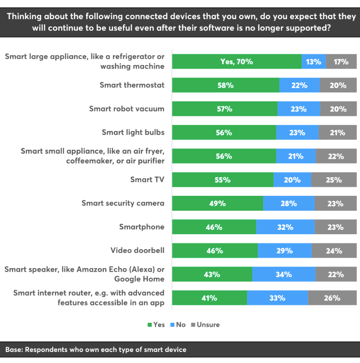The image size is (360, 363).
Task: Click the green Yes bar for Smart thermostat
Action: [x=225, y=85]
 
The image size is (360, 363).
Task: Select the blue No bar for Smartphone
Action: [x=285, y=227]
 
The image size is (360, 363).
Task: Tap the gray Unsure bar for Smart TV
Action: [x=334, y=180]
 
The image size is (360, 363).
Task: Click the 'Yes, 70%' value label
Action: [x=236, y=62]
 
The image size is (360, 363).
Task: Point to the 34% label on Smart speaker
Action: [x=284, y=274]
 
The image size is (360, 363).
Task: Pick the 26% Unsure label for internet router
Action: [x=332, y=298]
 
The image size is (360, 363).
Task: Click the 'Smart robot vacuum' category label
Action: [x=127, y=109]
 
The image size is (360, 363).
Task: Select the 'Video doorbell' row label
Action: [x=137, y=250]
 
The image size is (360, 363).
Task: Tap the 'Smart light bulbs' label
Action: [x=133, y=132]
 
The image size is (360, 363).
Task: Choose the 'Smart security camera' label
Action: [x=123, y=203]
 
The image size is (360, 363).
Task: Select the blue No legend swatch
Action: [x=173, y=325]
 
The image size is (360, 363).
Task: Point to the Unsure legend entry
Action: [x=205, y=325]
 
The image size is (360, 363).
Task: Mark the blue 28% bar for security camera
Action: [x=289, y=204]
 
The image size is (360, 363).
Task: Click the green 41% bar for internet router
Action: [x=209, y=298]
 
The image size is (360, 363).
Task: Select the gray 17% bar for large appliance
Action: [x=341, y=62]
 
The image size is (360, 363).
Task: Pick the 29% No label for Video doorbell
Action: [x=285, y=250]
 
